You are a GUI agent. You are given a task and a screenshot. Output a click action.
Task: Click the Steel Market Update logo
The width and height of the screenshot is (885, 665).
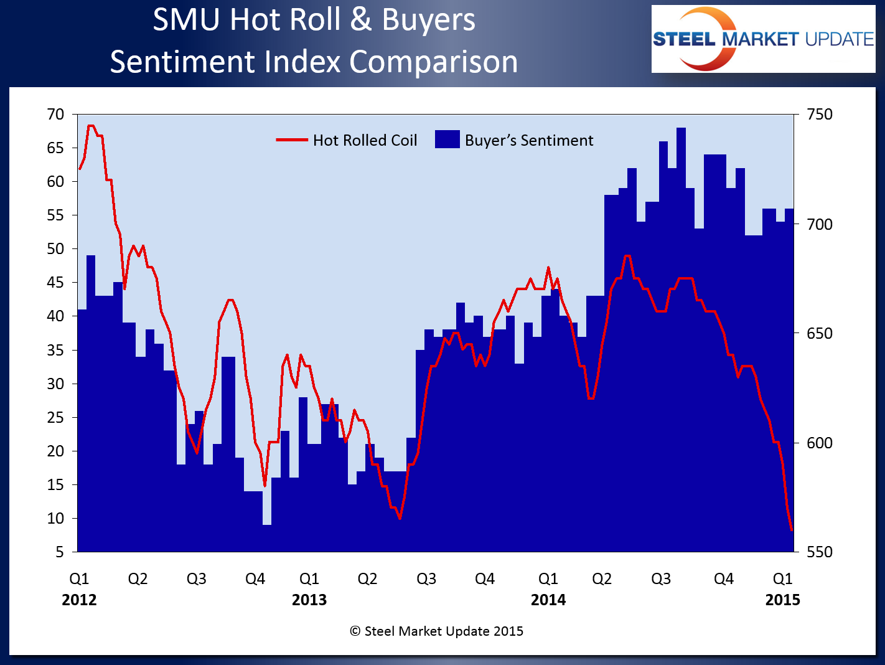click(763, 39)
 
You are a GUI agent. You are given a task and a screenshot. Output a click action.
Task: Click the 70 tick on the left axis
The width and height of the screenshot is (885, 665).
click(55, 115)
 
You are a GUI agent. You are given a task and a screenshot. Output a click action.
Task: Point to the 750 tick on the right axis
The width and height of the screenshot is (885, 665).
click(819, 115)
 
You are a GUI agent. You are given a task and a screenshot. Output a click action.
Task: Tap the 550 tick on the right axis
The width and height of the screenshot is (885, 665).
click(819, 552)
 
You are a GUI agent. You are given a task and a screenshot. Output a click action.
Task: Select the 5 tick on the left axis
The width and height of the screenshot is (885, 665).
click(60, 552)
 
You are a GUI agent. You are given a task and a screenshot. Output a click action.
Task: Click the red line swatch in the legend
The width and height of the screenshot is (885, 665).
click(292, 141)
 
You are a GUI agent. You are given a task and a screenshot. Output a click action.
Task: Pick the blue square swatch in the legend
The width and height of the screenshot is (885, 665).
click(447, 139)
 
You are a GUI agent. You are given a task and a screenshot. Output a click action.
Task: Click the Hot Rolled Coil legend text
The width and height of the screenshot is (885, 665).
click(365, 141)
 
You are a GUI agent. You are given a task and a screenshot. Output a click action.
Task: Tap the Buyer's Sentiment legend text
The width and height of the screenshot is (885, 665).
click(529, 141)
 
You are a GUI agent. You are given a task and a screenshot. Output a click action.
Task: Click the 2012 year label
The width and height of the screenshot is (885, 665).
click(79, 600)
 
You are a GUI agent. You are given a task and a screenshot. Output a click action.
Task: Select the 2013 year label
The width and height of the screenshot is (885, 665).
click(309, 600)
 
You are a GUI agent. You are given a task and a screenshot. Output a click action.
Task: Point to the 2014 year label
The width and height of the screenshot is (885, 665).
click(548, 600)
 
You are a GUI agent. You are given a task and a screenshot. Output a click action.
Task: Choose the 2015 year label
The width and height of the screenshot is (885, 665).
click(782, 600)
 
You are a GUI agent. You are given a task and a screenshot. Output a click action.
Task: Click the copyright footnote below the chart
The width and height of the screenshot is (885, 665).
click(436, 631)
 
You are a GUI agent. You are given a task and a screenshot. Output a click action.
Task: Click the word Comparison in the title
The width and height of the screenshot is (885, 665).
click(433, 62)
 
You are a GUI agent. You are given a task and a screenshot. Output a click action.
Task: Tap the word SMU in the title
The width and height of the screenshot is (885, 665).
click(187, 20)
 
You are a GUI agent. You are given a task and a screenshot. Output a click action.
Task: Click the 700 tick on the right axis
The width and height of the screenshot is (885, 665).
click(819, 224)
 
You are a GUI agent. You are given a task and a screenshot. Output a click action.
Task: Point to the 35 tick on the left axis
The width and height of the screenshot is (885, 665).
click(55, 351)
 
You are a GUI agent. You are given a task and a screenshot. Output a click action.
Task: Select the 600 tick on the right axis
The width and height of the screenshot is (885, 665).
click(819, 443)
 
